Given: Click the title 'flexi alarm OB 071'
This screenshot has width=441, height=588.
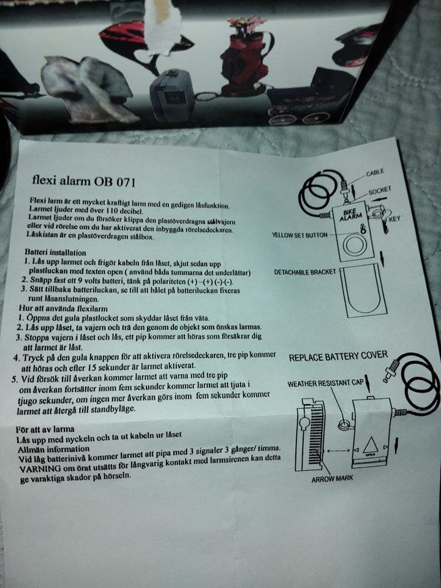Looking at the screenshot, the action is pos(84,181).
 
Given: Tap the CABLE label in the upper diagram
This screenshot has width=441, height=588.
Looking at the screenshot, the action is pos(375,172).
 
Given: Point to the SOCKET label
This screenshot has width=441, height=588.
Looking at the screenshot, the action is pos(380,191).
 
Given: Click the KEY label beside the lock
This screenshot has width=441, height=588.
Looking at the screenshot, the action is pos(395,218).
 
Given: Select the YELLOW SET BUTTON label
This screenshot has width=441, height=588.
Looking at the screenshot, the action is pos(300,235).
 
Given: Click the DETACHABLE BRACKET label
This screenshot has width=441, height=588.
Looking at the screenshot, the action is pos(305,272).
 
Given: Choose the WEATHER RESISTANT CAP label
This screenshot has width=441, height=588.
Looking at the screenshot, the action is pos(325,383).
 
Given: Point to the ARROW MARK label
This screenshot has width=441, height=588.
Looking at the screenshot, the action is pos(332,479).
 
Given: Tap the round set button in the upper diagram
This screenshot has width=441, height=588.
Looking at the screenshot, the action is pos(355,244).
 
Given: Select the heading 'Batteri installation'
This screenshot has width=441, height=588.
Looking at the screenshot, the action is pos(56,252).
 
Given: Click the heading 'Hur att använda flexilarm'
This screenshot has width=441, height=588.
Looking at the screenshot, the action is pos(63,308).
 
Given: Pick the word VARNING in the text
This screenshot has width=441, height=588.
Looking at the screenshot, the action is pos(40,469).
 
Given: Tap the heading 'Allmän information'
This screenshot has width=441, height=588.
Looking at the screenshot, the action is pos(54,449).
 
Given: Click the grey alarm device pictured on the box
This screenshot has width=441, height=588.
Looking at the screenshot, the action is pos(173,96).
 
